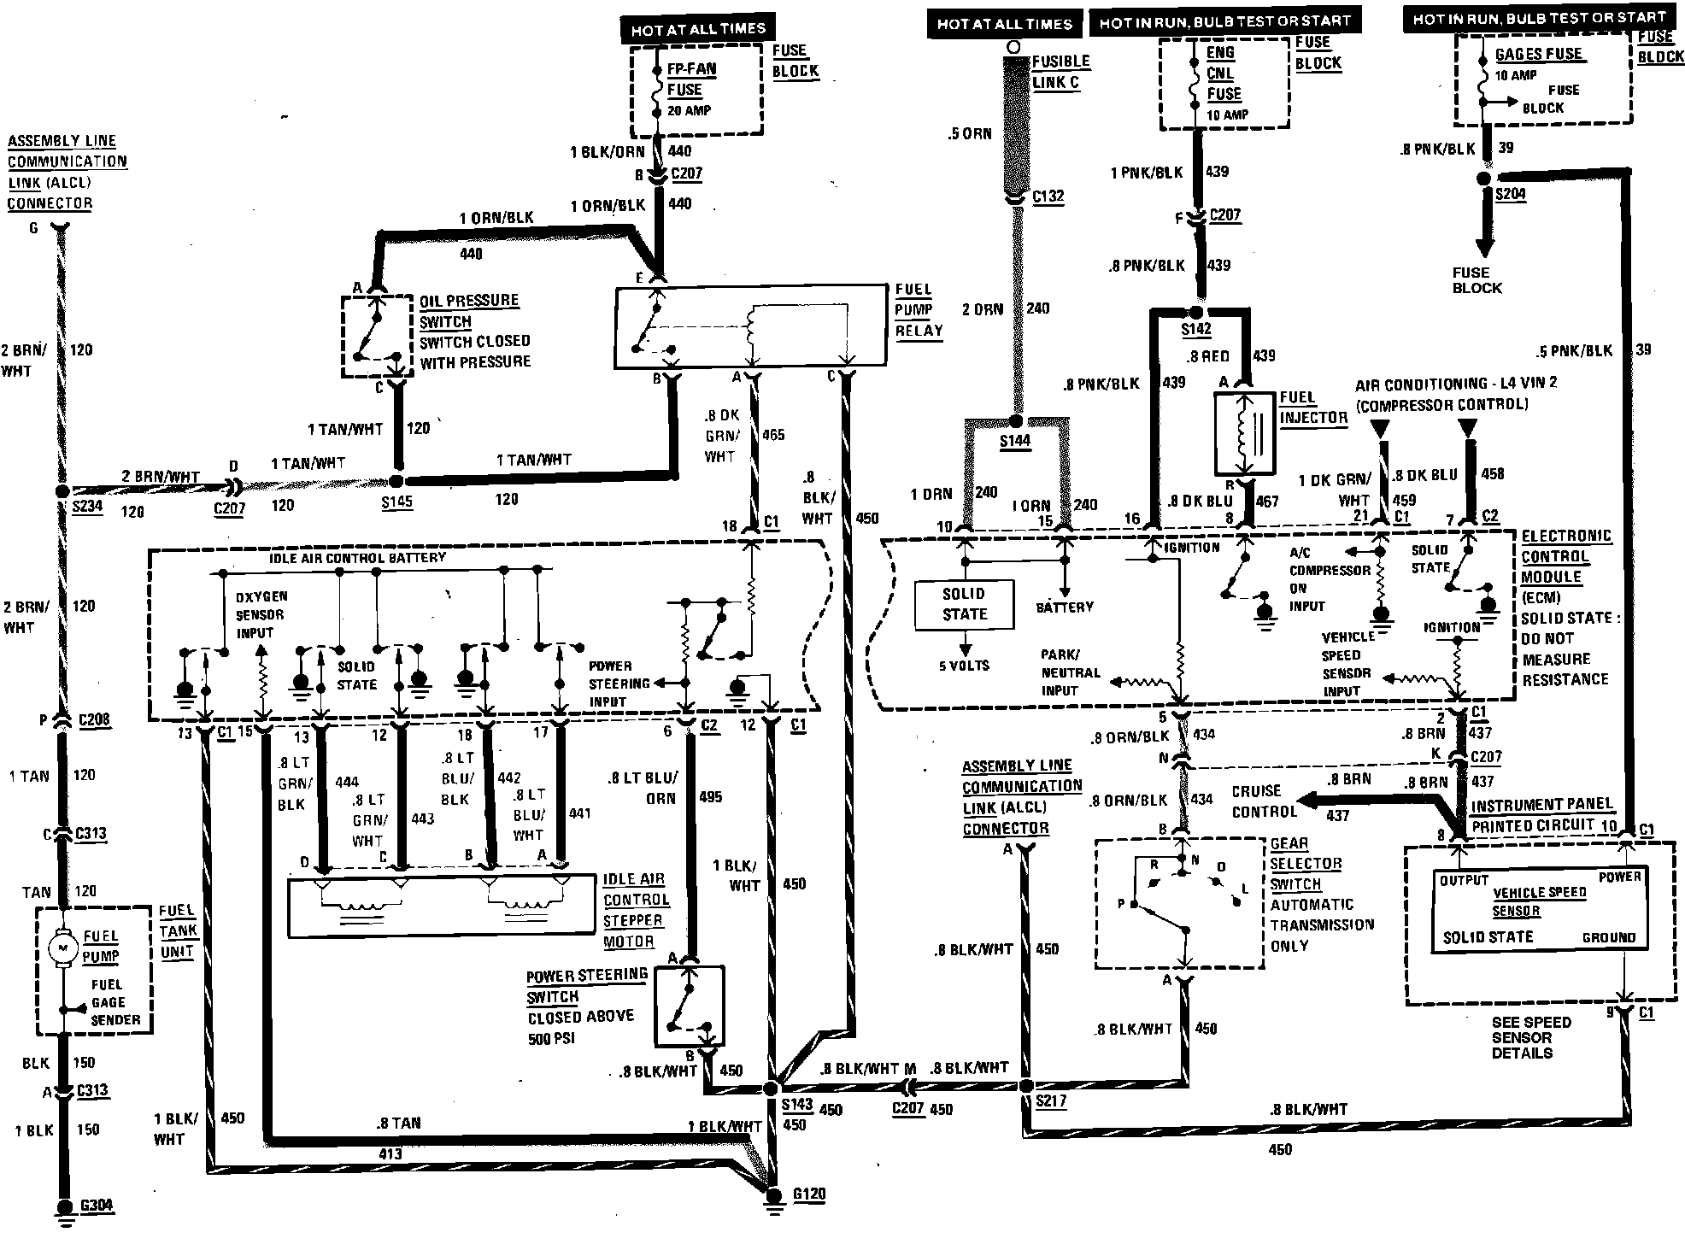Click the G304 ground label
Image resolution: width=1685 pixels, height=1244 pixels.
(x=96, y=1206)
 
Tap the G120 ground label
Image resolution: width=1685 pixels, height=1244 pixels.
(x=808, y=1194)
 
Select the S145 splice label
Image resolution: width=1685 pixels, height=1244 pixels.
(x=397, y=502)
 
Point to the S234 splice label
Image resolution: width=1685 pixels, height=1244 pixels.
(x=87, y=507)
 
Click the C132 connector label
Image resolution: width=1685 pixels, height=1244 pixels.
(x=1048, y=197)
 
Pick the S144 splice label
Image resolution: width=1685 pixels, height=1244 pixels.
(x=1014, y=441)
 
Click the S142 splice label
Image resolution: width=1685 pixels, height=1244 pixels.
(x=1196, y=329)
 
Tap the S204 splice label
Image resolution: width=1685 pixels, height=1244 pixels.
(x=1510, y=194)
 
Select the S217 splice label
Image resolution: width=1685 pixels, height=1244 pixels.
(x=1050, y=1101)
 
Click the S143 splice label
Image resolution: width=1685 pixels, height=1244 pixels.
(x=796, y=1104)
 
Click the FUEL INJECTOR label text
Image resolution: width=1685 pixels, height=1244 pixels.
(x=1312, y=408)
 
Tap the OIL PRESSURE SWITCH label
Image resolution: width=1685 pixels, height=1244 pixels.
(x=468, y=311)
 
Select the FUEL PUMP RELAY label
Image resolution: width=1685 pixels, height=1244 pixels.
(x=919, y=310)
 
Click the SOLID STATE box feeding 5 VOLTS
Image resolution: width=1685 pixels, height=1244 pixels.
(x=964, y=604)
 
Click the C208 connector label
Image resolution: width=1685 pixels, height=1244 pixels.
(x=94, y=719)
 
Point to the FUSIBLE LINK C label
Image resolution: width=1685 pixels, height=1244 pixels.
(x=1060, y=72)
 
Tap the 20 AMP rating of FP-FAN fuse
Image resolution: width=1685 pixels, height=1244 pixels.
(x=689, y=110)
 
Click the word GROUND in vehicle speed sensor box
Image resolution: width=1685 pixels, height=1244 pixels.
(x=1608, y=937)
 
